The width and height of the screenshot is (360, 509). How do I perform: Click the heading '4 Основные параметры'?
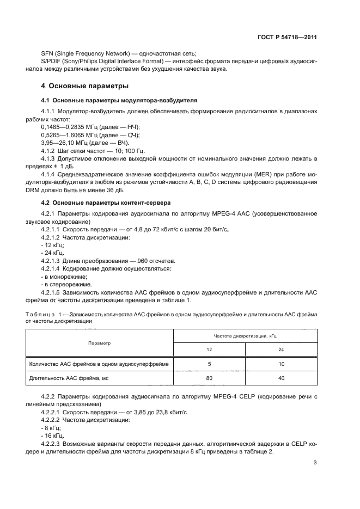(x=85, y=86)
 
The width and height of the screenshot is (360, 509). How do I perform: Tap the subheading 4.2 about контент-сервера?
(x=106, y=203)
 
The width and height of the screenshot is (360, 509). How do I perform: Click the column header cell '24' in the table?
(x=280, y=351)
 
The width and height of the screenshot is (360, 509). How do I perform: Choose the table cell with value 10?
(x=280, y=364)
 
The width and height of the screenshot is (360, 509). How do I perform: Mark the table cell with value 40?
(x=280, y=378)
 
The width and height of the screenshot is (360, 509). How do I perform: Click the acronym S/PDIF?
(x=53, y=62)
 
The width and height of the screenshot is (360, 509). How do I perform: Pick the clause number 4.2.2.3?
(x=52, y=445)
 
